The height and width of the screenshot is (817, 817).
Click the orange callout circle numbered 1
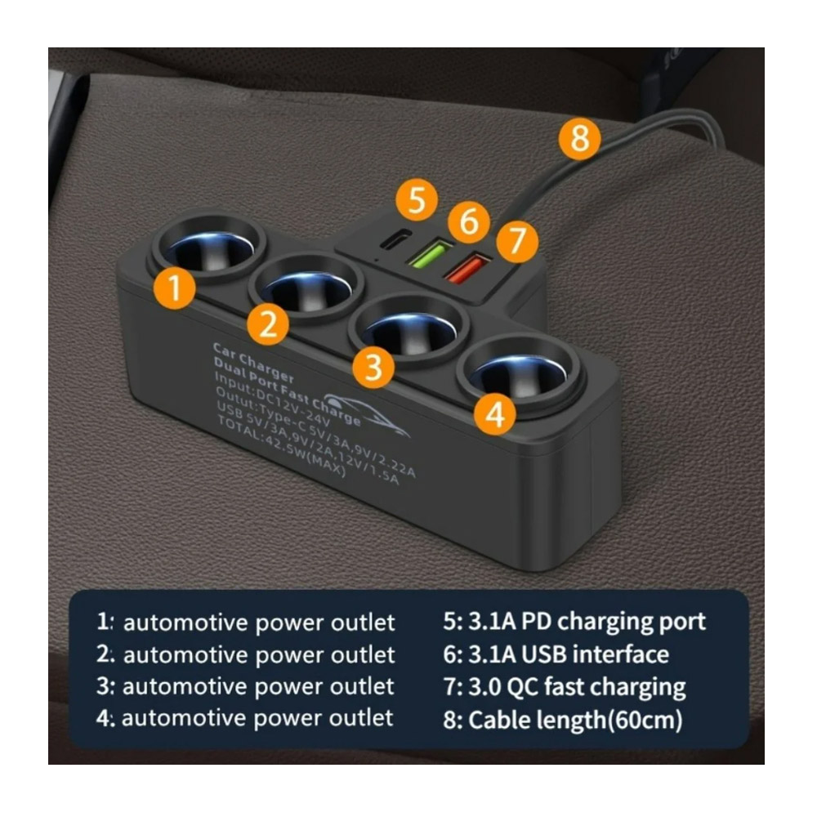175,288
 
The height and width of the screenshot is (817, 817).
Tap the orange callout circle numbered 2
268,324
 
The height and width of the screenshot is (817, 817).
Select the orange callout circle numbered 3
373,368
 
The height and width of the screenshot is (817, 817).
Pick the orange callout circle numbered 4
495,414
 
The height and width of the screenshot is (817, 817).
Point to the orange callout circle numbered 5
417,199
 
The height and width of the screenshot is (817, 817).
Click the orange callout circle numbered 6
469,221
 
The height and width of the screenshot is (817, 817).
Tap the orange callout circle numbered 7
517,241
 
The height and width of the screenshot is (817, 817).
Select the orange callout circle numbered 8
580,139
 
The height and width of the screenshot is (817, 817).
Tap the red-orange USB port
467,267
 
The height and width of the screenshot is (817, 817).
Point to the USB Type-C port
395,239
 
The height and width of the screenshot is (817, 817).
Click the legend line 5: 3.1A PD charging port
574,623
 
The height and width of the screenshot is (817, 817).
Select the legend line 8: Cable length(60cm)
563,720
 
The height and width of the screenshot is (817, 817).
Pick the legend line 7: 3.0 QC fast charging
565,688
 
